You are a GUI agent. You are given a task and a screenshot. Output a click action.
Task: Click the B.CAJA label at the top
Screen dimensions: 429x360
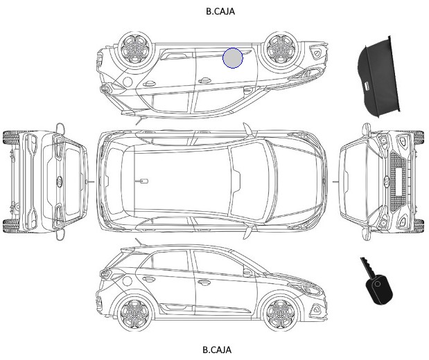pos(220,11)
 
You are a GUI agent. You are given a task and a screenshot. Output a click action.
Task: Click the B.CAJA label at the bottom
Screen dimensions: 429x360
pos(217,350)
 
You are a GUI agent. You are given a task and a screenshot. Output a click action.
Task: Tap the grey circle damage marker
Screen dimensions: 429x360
pos(233,58)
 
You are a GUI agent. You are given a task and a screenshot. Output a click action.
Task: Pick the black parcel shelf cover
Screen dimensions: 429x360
pos(378,77)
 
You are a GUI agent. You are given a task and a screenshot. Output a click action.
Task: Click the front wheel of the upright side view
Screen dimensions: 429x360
pos(281,312)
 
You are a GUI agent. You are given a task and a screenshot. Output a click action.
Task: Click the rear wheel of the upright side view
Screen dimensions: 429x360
pos(134,312)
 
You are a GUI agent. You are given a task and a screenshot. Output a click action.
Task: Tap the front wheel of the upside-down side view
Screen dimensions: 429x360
pos(281,49)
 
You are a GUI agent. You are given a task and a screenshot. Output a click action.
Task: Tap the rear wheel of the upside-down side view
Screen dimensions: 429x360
pos(135,49)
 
